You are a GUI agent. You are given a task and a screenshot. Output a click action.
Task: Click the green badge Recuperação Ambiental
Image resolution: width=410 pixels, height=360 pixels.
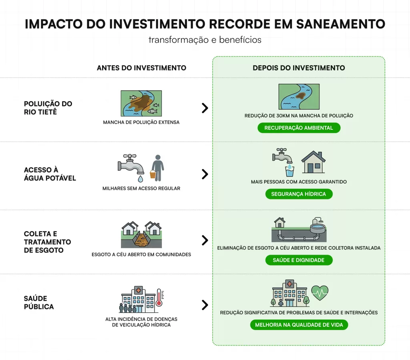(299, 128)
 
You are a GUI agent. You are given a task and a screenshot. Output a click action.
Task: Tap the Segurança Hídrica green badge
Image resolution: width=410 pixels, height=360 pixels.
(299, 194)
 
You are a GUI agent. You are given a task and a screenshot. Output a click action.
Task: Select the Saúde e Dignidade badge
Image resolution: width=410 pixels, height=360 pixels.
(299, 260)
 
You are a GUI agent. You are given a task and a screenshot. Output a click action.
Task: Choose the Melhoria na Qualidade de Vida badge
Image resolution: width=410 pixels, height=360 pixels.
(299, 325)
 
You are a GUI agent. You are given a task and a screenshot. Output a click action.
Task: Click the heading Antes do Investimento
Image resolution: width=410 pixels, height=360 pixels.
(141, 68)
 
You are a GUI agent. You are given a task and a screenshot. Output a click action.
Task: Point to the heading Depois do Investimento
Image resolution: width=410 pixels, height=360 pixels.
(299, 68)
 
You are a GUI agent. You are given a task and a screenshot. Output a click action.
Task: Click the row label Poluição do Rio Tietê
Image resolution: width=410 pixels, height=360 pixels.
(48, 108)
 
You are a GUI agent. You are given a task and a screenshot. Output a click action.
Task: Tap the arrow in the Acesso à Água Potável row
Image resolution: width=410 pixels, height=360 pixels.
(205, 174)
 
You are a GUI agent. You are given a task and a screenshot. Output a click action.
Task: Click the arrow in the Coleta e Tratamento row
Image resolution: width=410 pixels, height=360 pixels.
(205, 240)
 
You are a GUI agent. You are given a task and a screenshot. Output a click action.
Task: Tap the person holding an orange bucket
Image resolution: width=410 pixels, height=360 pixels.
(157, 168)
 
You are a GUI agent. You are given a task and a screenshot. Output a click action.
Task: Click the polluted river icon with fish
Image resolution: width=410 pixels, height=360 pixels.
(141, 103)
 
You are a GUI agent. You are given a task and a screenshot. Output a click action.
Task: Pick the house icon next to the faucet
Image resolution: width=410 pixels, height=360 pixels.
(313, 162)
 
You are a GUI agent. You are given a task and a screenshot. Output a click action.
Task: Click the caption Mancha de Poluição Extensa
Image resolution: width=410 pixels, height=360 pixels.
(141, 122)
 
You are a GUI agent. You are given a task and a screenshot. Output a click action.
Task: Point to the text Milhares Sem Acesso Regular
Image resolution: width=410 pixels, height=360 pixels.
(141, 188)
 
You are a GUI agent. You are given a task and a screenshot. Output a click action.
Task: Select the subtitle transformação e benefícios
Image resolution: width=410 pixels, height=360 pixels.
(205, 40)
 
